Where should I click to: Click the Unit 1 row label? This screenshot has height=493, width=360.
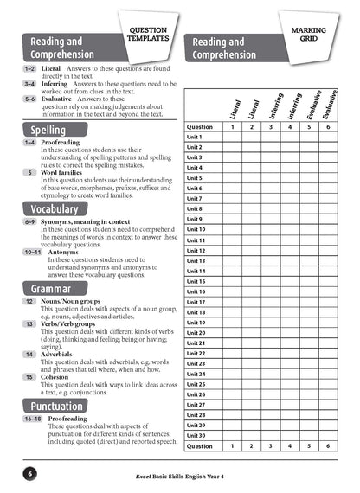[195, 137]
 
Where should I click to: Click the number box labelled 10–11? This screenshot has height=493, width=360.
[31, 251]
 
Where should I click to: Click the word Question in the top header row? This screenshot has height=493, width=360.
[200, 126]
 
